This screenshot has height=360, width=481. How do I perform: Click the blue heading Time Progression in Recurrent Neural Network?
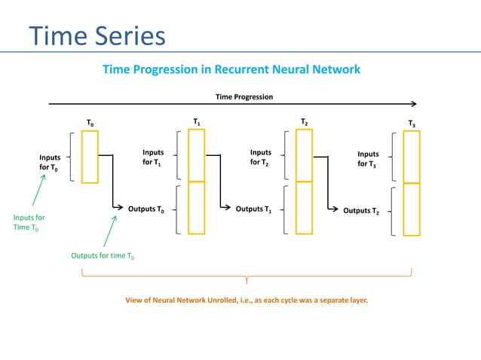pos(231,69)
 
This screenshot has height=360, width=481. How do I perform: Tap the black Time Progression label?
pos(244,96)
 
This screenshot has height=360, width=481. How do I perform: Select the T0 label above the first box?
pos(90,122)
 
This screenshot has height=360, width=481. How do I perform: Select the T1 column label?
pos(196,121)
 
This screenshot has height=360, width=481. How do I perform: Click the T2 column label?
pos(304,121)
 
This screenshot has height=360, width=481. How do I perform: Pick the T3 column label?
pos(412,123)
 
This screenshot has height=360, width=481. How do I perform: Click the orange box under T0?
pos(90,157)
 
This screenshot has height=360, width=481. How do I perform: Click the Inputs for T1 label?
pos(153,158)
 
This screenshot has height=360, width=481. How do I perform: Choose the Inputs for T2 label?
pos(261,158)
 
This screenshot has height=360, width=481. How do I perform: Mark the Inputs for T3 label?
pos(368,159)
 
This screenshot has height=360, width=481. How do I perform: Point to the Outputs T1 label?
pos(253,209)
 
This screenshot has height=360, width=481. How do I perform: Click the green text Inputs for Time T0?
pos(29,223)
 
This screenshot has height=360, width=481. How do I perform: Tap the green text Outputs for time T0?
pos(103,256)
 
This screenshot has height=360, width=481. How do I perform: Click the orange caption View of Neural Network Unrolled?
pos(247,301)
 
